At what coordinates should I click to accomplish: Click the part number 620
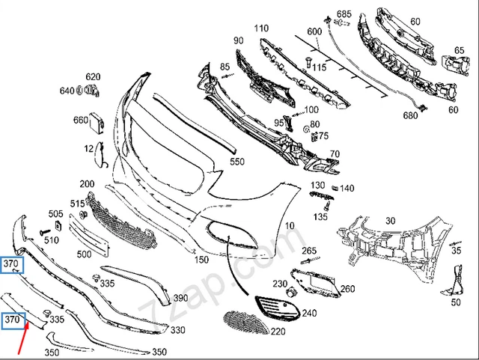[x=92, y=77]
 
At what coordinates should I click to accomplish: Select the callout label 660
[x=81, y=120]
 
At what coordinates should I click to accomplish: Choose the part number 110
[x=260, y=28]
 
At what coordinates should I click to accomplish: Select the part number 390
[x=180, y=298]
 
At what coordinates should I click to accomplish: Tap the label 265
[x=309, y=250]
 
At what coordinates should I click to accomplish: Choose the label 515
[x=78, y=204]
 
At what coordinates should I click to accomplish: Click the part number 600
[x=314, y=31]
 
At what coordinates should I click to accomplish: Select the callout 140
[x=347, y=189]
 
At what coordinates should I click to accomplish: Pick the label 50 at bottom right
[x=455, y=302]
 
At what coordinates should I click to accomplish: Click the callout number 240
[x=309, y=314]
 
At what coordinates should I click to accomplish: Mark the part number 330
[x=178, y=329]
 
